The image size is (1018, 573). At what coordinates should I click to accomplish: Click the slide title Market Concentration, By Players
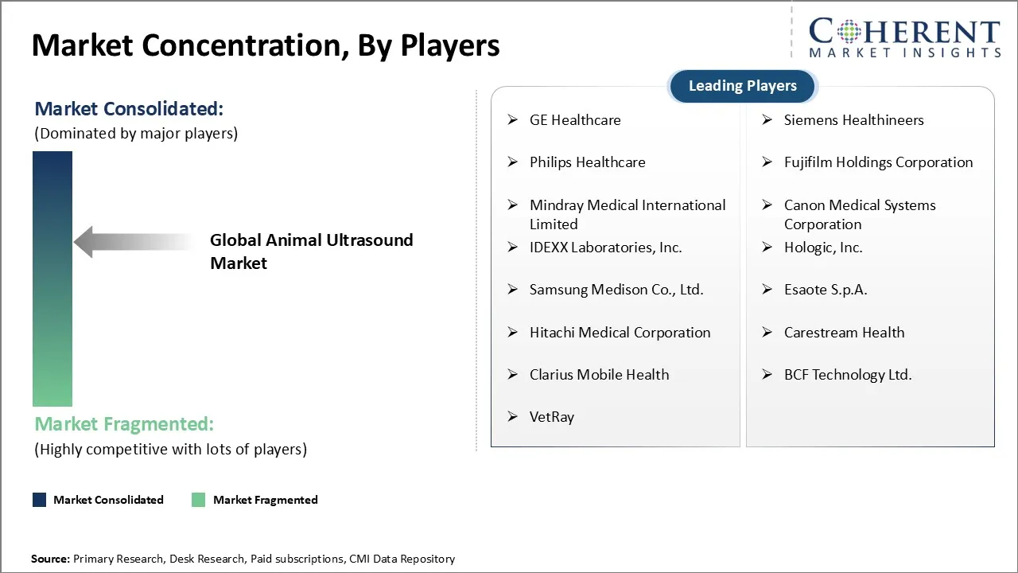click(266, 46)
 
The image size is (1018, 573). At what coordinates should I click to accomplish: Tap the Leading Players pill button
click(742, 86)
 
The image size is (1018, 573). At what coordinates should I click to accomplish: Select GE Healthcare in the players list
click(575, 120)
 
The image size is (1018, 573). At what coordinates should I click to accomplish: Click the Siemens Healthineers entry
click(853, 120)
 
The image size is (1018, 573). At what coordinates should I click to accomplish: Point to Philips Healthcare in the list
click(587, 162)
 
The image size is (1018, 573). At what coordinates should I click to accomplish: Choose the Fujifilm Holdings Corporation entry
click(878, 162)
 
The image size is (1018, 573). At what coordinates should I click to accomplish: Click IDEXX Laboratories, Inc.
click(605, 248)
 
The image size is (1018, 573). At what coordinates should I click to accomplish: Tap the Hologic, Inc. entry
click(822, 248)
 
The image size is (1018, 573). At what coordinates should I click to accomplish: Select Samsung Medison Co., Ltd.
click(616, 290)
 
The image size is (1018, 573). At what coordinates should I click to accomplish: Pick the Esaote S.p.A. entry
click(825, 290)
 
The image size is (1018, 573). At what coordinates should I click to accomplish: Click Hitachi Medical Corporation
click(620, 333)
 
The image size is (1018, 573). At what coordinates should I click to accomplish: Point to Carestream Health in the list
click(844, 333)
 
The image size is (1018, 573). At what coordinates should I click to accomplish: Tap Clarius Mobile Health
click(599, 375)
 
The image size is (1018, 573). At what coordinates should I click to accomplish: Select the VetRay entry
click(551, 417)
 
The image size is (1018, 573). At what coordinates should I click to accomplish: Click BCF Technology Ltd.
click(847, 375)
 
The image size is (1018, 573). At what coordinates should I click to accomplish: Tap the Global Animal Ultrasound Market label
click(311, 251)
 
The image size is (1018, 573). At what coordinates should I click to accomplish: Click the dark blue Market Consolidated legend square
click(39, 500)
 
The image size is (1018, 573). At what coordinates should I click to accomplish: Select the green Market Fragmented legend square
click(199, 500)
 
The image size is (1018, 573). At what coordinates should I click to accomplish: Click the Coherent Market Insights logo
click(904, 38)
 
